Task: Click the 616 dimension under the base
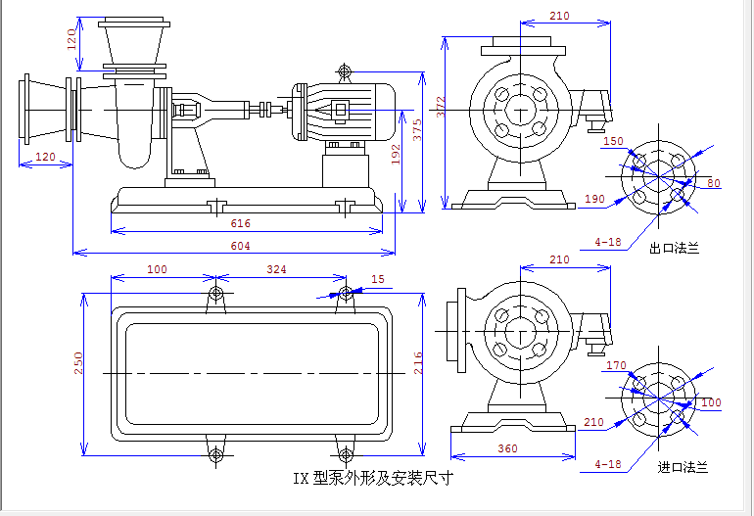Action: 240,224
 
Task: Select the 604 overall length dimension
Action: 240,246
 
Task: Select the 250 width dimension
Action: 79,362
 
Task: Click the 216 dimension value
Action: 417,362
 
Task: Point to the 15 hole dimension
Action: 378,280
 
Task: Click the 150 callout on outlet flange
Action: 613,142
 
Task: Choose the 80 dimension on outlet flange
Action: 713,183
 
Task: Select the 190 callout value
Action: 593,199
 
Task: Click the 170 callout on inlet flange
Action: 616,366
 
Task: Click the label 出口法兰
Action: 675,249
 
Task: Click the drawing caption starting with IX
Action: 373,479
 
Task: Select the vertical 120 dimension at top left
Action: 71,40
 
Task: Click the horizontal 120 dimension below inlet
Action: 45,157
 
